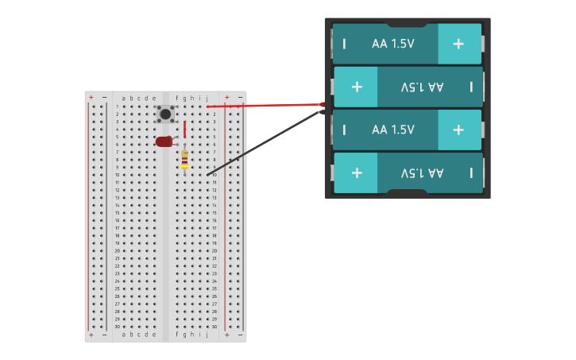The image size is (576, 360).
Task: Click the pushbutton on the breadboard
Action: coord(165,114)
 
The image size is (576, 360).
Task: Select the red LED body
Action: coord(164,141)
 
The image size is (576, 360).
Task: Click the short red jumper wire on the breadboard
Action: coord(184,129)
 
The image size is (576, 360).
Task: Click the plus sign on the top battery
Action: coord(458,44)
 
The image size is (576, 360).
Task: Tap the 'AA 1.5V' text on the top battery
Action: coord(393,44)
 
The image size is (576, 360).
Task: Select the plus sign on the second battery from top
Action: coord(357,87)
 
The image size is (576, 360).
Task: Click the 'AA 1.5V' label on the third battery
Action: coord(393,130)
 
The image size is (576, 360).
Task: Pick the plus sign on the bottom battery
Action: coord(357,172)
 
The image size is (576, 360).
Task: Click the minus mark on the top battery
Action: coord(344,44)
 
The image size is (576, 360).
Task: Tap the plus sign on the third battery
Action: coord(458,130)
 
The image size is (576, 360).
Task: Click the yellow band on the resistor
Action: coord(184,165)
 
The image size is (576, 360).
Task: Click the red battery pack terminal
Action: coord(322,104)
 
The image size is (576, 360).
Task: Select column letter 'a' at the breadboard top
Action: coord(123,99)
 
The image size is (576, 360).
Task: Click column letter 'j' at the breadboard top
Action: coord(207,99)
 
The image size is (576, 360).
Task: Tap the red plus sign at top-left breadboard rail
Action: coord(91,98)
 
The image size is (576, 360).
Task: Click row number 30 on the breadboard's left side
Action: coord(117,327)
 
